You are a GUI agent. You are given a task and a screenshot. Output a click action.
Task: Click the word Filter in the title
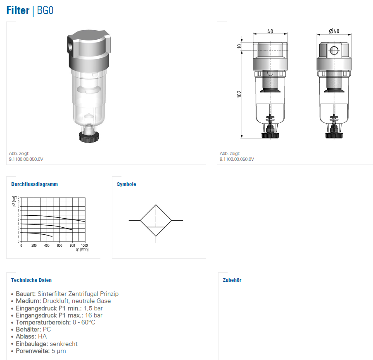click(x=18, y=10)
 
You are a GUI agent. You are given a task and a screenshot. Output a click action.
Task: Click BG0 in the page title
click(x=45, y=10)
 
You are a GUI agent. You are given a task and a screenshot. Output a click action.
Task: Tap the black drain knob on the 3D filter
click(x=89, y=137)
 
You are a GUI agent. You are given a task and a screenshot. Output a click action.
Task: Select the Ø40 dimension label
click(x=334, y=31)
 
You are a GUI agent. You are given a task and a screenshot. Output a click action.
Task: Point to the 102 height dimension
click(x=239, y=94)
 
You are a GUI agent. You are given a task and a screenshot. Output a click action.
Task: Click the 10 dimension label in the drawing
click(x=239, y=46)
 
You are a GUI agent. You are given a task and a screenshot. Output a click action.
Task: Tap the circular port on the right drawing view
click(x=334, y=50)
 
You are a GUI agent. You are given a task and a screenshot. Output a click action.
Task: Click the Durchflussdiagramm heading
click(x=35, y=184)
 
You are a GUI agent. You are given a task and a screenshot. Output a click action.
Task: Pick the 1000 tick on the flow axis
click(x=84, y=245)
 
